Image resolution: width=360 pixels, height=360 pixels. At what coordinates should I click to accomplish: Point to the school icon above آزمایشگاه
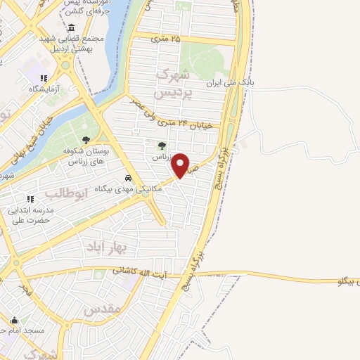coord(44,79)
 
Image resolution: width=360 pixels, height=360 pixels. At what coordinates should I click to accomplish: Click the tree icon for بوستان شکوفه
coord(86,141)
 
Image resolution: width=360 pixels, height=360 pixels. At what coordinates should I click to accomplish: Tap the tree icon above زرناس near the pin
coord(161,146)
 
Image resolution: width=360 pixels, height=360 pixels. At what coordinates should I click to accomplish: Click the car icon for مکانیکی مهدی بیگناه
coord(128,179)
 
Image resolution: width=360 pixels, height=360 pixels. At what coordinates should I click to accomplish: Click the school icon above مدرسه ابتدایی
coord(30,200)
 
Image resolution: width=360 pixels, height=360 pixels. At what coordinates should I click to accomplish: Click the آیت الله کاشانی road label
coord(142,270)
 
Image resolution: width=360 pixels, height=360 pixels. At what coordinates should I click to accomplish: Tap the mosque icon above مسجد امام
coord(29,319)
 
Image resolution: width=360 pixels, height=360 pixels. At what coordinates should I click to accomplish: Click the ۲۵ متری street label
coord(167,38)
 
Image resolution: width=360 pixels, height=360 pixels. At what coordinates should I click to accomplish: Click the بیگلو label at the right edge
coord(348,282)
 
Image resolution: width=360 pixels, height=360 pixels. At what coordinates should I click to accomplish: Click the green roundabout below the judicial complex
coord(66,65)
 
